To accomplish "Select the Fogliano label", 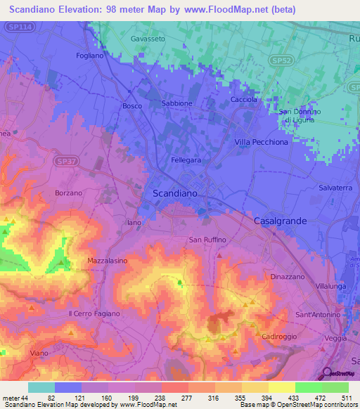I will point(90,55).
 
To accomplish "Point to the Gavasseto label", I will point(148,39).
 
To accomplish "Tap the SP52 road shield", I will point(281,62).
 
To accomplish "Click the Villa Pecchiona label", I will point(261,142).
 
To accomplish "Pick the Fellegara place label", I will point(187,160).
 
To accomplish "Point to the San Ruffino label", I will point(207,240).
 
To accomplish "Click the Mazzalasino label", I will point(107,261).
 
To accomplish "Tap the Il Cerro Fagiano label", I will point(95,313).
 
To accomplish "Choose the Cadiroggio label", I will point(281,337).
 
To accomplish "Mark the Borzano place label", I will point(69,193).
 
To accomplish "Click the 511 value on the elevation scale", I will point(345,397).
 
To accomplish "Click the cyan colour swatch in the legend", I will point(41,387).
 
